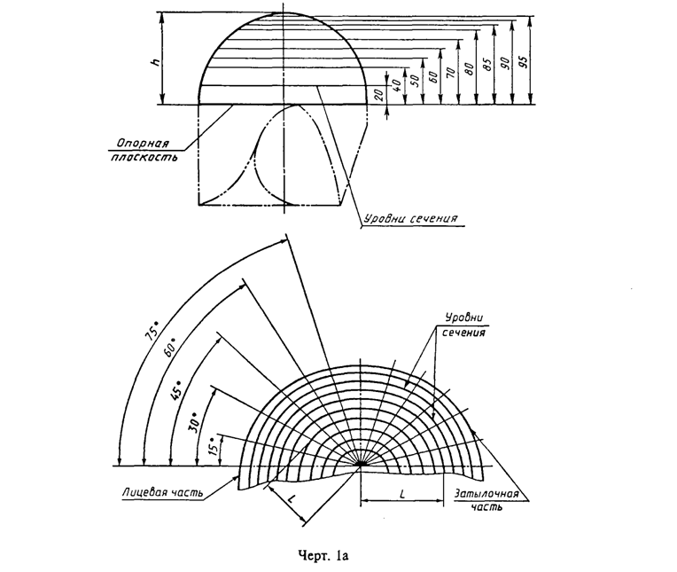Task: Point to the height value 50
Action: coord(413,81)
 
